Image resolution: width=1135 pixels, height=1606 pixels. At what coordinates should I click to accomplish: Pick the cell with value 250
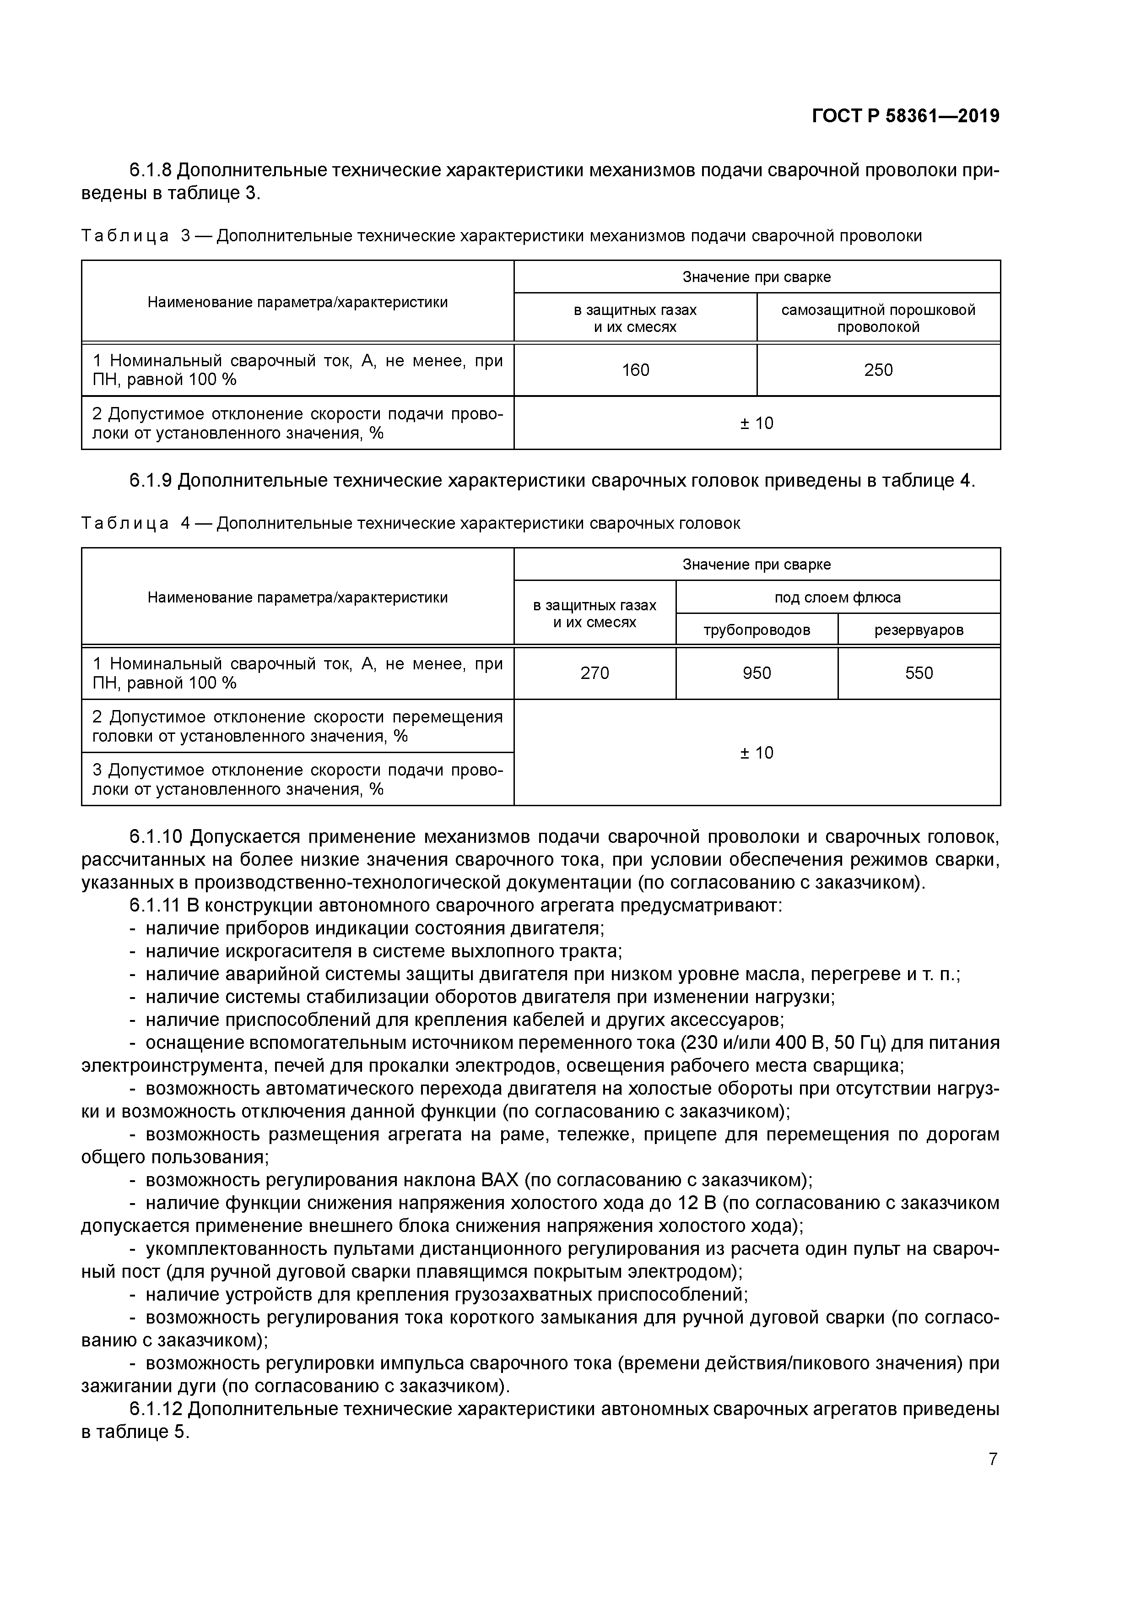[878, 370]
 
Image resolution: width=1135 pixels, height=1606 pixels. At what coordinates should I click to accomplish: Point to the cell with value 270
[595, 673]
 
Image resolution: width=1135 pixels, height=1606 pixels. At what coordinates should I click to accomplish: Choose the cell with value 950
[757, 673]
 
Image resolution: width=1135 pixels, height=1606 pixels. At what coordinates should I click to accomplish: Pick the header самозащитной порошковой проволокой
[878, 318]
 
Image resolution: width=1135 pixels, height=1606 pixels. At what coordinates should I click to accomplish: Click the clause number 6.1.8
[151, 170]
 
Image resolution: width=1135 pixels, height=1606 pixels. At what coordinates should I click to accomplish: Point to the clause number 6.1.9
[151, 481]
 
